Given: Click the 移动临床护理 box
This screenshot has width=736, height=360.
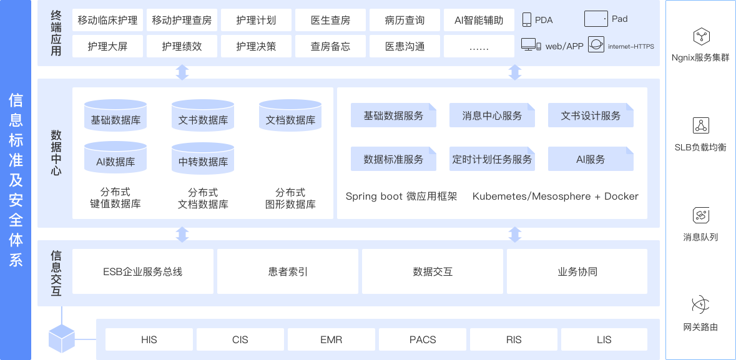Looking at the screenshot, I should pyautogui.click(x=107, y=20).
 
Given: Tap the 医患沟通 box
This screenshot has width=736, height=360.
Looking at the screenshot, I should pyautogui.click(x=405, y=47).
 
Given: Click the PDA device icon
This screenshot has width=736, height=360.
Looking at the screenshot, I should pyautogui.click(x=527, y=20).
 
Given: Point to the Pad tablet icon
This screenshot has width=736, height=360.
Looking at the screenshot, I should pyautogui.click(x=596, y=19).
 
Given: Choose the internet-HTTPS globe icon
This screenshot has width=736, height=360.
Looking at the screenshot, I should pyautogui.click(x=596, y=46).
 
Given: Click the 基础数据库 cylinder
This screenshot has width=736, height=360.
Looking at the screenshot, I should pyautogui.click(x=115, y=115).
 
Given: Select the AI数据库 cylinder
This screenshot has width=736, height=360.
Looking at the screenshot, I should pyautogui.click(x=115, y=158).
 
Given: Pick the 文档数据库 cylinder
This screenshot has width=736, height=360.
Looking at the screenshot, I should pyautogui.click(x=290, y=115).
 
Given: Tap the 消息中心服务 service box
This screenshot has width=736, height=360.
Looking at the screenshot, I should pyautogui.click(x=492, y=115).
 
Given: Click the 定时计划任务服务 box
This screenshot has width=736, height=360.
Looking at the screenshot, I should pyautogui.click(x=492, y=159).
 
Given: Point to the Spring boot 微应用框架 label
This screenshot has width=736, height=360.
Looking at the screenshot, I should pyautogui.click(x=401, y=197).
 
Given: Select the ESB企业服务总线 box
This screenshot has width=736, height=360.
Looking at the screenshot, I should pyautogui.click(x=143, y=271).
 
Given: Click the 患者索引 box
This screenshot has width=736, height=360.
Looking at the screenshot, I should pyautogui.click(x=288, y=271).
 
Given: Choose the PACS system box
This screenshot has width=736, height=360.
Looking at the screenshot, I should pyautogui.click(x=423, y=340).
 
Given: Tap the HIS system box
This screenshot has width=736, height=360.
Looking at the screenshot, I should pyautogui.click(x=149, y=340).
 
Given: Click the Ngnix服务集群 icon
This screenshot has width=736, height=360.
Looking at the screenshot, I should pyautogui.click(x=701, y=36).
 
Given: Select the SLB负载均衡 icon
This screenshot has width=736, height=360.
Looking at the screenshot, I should pyautogui.click(x=701, y=125).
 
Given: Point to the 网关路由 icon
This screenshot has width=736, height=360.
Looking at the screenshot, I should pyautogui.click(x=701, y=304).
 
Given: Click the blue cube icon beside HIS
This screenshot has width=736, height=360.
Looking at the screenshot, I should pyautogui.click(x=62, y=338).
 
